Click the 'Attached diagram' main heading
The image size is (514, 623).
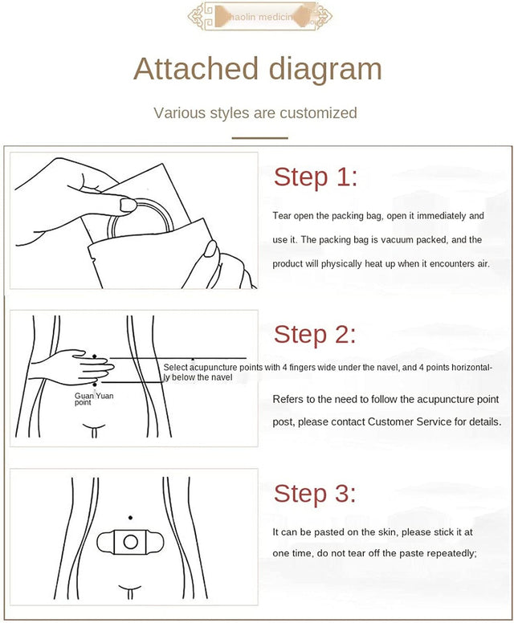[x=257, y=69]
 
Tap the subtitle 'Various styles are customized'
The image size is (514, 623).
[x=255, y=112]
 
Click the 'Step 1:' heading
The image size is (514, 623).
[x=316, y=177]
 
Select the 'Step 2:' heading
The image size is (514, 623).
[x=315, y=334]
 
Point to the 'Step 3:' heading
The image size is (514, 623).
[x=315, y=493]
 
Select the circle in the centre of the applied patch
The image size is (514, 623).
[x=128, y=543]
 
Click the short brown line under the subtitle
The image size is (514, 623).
[x=259, y=137]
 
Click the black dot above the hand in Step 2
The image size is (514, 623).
[x=95, y=356]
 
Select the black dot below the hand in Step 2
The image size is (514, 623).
[x=95, y=385]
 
